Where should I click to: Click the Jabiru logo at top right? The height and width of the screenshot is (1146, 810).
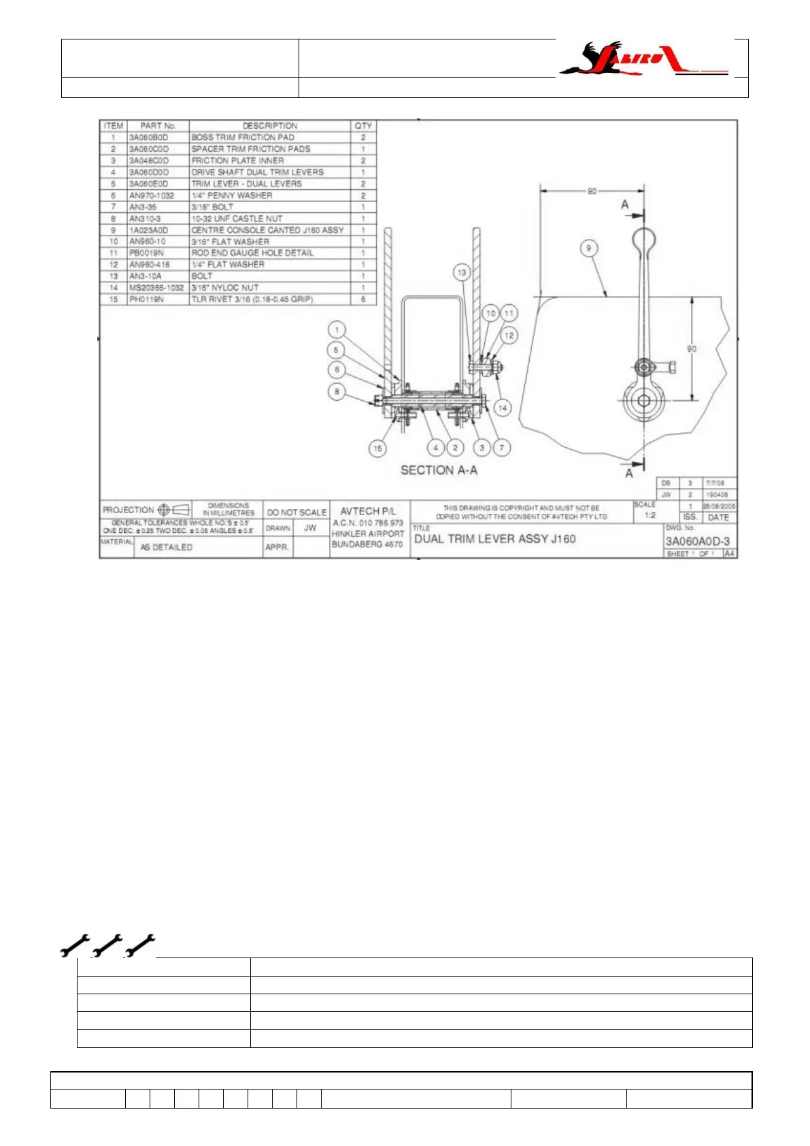point(643,59)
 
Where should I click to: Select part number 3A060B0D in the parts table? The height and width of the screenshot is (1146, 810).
point(148,137)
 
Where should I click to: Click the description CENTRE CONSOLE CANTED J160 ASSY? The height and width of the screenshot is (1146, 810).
point(267,230)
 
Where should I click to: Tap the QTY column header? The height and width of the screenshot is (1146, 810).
point(363,126)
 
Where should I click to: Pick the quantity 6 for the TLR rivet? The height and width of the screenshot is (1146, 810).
point(363,299)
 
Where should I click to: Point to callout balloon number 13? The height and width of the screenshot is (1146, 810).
point(462,272)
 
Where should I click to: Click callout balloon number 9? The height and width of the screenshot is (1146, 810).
point(589,248)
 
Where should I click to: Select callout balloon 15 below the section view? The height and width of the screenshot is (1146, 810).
point(377,448)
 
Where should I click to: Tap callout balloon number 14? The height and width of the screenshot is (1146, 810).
point(502,408)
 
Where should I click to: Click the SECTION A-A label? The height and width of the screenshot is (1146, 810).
point(439,470)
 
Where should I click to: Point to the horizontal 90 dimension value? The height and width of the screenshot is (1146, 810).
point(592,191)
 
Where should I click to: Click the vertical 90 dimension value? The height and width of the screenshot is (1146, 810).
point(692,349)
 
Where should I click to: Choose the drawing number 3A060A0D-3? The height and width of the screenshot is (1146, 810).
point(697,542)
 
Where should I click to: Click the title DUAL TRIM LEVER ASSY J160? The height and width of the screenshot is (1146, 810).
point(495,539)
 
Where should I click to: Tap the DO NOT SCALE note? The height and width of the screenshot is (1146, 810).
point(297,512)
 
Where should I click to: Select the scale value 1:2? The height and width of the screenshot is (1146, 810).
point(650,515)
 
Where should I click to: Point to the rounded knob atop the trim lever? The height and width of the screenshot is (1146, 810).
point(643,238)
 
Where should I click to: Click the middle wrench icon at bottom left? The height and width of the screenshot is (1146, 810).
point(107,945)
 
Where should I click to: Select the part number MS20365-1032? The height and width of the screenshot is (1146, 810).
point(156,288)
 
